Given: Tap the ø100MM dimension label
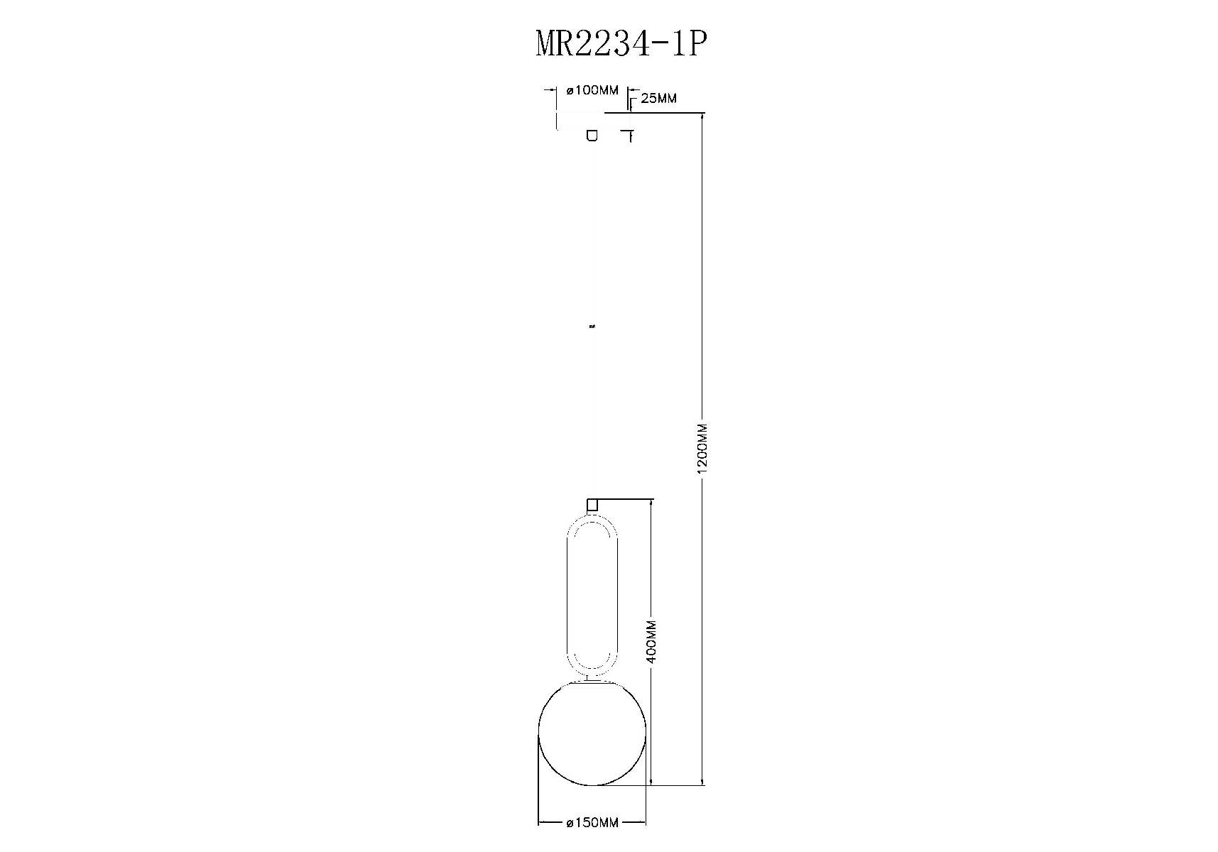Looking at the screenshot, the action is tap(592, 90).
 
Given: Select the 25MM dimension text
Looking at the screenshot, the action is tap(658, 99).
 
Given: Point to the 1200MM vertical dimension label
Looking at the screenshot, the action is tap(702, 448).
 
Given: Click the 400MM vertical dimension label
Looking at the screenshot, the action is tap(652, 642).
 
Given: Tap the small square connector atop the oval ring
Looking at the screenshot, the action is tap(592, 505).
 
